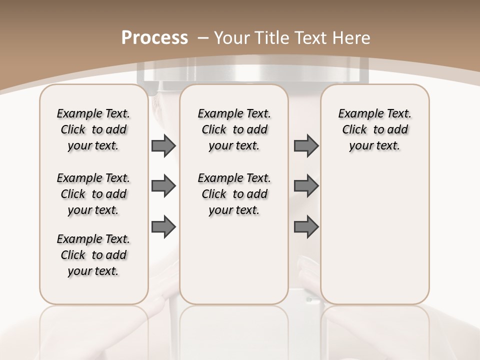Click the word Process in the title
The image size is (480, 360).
click(154, 38)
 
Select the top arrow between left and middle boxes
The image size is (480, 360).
click(163, 146)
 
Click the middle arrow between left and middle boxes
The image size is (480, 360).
click(163, 186)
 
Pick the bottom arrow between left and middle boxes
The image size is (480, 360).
click(163, 226)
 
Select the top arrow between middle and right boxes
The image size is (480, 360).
click(306, 146)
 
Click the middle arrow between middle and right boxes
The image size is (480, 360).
click(306, 186)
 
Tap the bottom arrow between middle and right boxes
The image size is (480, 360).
click(306, 226)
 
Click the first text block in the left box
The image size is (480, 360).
click(93, 130)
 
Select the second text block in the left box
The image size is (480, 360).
click(93, 194)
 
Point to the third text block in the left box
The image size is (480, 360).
click(93, 255)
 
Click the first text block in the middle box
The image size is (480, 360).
click(234, 130)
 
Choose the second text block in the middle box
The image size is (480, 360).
click(234, 194)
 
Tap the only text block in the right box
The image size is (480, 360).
click(374, 130)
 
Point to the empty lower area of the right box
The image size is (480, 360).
click(374, 235)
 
